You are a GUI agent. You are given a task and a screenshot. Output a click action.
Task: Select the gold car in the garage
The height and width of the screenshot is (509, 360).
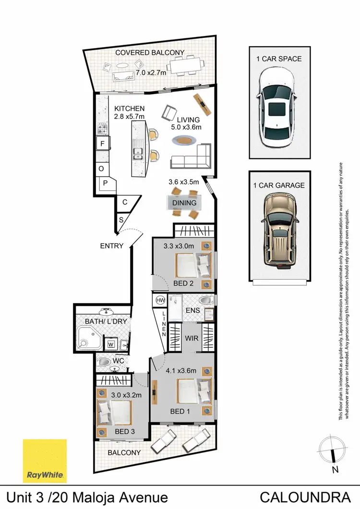(x=279, y=229)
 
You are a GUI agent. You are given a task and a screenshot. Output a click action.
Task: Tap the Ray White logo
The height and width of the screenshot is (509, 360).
(x=45, y=461)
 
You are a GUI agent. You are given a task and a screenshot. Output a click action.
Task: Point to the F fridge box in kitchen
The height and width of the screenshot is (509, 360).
(x=102, y=143)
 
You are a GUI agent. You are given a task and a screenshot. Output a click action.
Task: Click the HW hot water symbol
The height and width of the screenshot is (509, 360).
(x=160, y=301)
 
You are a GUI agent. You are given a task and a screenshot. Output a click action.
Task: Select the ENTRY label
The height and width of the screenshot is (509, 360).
(x=111, y=246)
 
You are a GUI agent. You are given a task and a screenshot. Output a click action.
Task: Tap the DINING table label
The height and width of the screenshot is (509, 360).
(x=184, y=203)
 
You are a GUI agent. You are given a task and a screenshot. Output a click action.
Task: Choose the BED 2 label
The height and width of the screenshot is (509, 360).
(x=184, y=283)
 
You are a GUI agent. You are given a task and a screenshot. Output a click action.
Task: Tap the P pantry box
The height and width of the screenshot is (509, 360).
(x=106, y=183)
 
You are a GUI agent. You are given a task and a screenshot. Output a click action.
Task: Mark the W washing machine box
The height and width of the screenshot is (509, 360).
(x=110, y=344)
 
